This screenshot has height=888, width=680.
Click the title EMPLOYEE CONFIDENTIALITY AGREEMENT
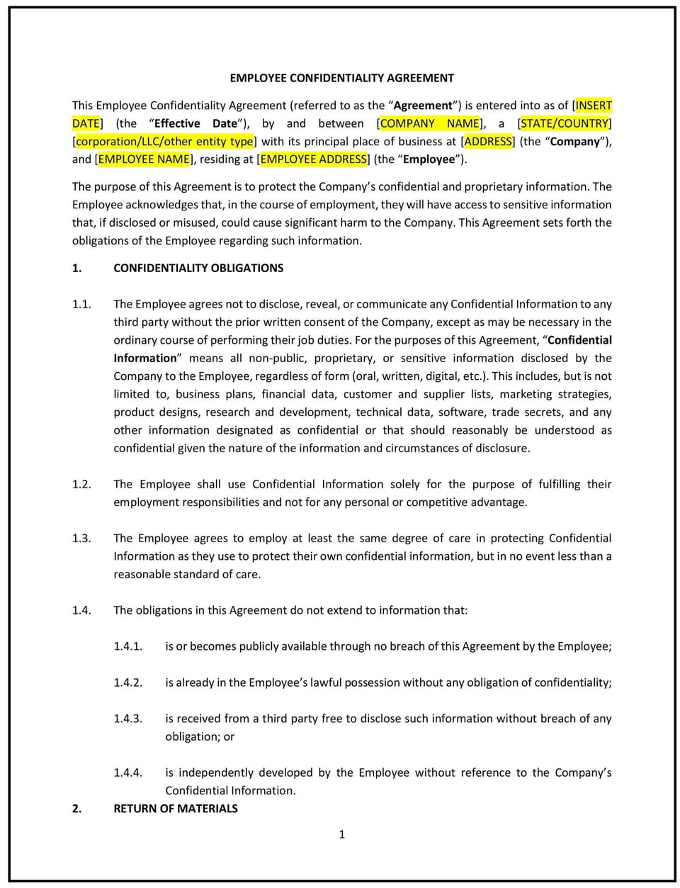[x=341, y=78]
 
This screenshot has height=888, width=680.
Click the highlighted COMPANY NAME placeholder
[x=429, y=123]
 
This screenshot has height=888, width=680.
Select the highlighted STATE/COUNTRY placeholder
[x=565, y=123]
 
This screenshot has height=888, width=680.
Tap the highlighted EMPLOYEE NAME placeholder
[x=144, y=159]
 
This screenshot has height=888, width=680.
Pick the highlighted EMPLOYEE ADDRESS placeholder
[x=314, y=159]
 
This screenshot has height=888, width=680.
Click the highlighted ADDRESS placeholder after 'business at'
[x=487, y=142]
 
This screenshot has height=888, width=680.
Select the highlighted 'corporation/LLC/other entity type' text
[x=164, y=142]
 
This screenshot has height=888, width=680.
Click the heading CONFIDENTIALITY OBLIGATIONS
[x=198, y=268]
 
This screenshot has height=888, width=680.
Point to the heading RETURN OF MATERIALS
[x=176, y=809]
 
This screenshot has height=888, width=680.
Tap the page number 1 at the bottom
[x=341, y=835]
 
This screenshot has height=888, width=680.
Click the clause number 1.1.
[x=81, y=304]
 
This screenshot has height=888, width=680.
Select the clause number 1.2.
[x=81, y=484]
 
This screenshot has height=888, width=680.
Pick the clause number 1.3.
[x=81, y=538]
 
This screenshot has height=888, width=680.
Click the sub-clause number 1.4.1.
[x=127, y=646]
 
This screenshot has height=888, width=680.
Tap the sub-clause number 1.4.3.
[x=127, y=719]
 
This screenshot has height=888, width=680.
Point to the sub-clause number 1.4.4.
[x=127, y=772]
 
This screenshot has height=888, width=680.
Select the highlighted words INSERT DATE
[x=594, y=106]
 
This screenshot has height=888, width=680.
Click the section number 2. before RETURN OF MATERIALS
[x=76, y=809]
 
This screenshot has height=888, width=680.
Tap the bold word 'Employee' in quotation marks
[x=429, y=159]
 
